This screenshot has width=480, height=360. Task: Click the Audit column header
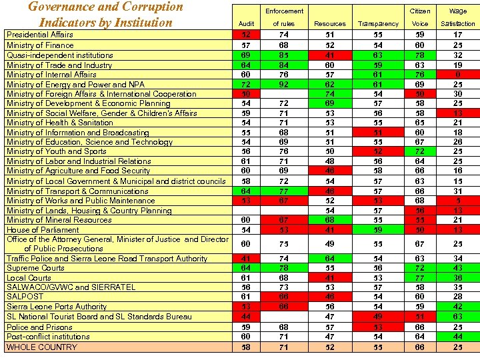246,24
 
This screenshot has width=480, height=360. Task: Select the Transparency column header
378,24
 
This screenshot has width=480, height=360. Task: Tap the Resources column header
329,24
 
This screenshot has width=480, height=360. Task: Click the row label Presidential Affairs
40,35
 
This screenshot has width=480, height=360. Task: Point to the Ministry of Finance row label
40,45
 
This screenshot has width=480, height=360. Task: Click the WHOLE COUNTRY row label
42,347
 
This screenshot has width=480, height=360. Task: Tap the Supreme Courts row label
35,268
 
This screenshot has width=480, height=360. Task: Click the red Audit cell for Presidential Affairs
246,35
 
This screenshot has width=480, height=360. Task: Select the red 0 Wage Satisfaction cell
457,75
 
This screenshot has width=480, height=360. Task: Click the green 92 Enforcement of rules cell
283,84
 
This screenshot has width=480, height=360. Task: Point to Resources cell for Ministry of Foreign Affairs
329,94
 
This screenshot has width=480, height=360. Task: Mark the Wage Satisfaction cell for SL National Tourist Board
457,317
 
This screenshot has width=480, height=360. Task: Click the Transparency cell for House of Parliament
378,229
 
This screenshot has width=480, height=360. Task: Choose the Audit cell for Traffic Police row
246,258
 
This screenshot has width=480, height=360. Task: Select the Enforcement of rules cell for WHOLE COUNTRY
283,347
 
